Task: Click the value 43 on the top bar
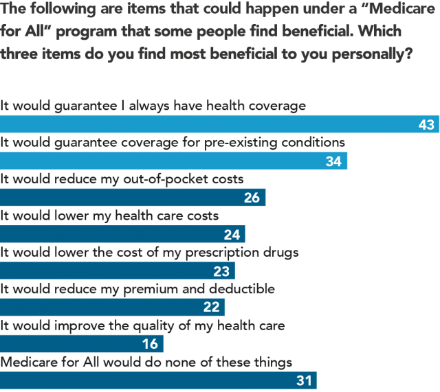426,125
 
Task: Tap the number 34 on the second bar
333,161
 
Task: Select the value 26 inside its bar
252,198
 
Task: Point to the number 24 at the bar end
231,234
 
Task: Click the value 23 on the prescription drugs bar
221,270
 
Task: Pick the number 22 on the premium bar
211,307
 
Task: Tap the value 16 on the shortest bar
149,343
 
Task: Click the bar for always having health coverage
206,124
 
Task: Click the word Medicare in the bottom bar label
27,361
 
